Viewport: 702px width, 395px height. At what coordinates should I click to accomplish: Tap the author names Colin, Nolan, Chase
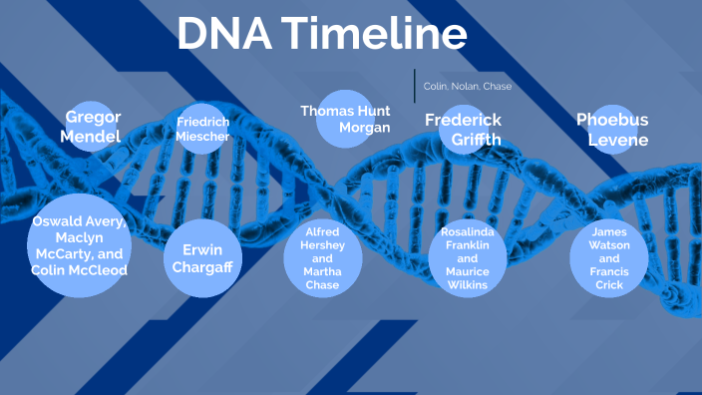(x=468, y=87)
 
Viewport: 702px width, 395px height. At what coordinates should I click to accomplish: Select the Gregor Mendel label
(x=93, y=127)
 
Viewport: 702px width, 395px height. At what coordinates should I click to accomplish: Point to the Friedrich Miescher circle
(x=203, y=129)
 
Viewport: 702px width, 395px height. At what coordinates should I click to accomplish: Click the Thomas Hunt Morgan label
(x=345, y=119)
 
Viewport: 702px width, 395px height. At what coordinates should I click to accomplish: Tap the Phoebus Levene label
(x=612, y=130)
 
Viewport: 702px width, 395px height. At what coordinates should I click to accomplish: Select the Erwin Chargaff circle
(x=202, y=258)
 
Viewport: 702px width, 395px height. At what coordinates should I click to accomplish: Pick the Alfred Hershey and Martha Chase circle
(x=322, y=258)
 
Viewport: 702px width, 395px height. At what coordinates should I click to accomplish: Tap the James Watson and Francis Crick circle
(x=610, y=258)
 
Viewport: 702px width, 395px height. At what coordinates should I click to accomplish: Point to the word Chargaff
(x=202, y=268)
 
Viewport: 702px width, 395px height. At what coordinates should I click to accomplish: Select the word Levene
(x=617, y=140)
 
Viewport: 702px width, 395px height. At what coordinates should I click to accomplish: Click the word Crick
(x=610, y=285)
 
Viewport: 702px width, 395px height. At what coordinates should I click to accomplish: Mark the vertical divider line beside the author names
(x=415, y=86)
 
